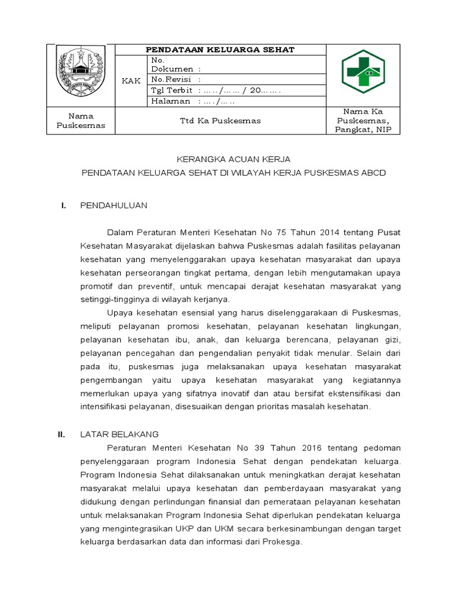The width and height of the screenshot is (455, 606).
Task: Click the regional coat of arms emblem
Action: click(81, 74)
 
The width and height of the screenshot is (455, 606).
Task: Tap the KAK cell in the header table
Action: click(131, 81)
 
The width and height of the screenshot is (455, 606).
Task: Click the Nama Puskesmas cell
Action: click(81, 121)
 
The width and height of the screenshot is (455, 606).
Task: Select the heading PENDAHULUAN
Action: click(113, 205)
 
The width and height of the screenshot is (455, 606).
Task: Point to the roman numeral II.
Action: click(61, 434)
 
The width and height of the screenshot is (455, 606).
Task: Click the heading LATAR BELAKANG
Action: click(119, 434)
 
